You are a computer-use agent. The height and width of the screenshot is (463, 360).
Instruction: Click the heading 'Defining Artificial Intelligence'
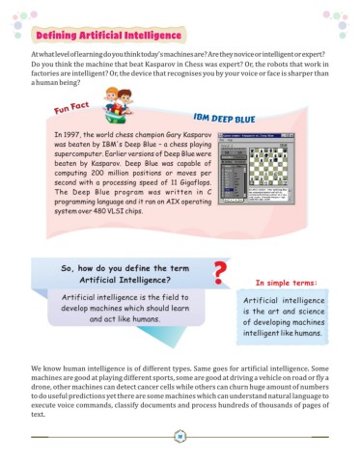pos(108,37)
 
